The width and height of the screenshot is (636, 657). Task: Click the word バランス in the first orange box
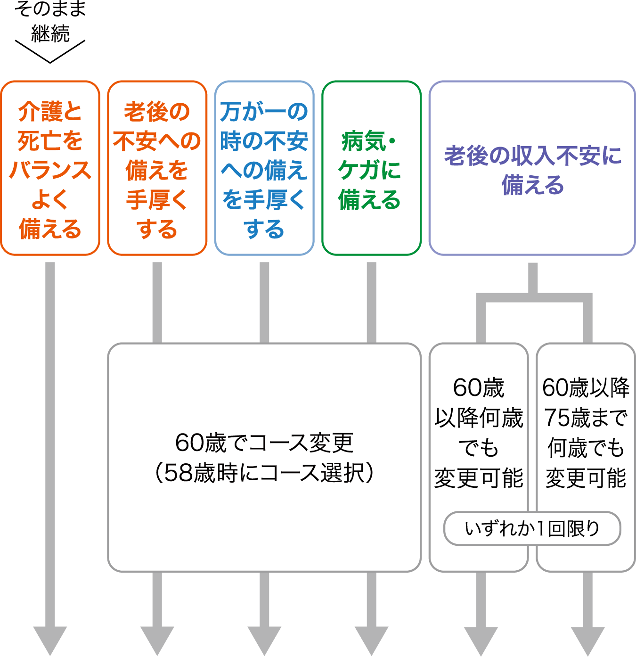click(50, 170)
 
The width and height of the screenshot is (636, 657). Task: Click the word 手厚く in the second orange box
click(157, 200)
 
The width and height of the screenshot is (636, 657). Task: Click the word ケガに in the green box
click(369, 170)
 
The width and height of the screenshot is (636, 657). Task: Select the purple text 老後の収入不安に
click(532, 156)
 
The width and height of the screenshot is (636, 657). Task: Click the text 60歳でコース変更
click(264, 443)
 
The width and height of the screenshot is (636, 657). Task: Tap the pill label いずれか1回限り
click(532, 528)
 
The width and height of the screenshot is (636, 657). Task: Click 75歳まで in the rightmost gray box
click(586, 418)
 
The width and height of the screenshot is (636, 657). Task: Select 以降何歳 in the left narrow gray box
click(479, 418)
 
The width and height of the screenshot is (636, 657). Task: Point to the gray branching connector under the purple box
click(533, 297)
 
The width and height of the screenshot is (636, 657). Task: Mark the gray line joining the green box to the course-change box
click(371, 302)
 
